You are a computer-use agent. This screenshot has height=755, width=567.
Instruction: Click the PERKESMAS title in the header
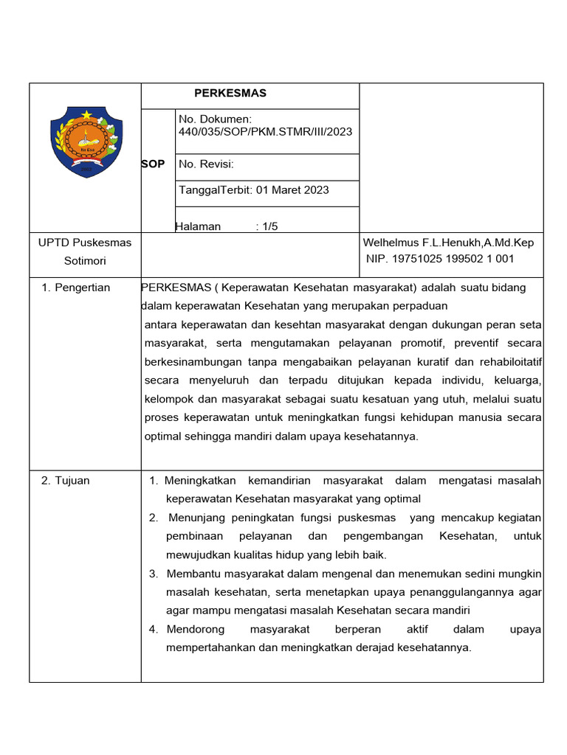[x=230, y=94]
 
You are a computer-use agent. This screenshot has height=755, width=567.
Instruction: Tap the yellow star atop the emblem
[x=86, y=115]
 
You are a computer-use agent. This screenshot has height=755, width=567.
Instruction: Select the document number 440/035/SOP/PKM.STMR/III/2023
[x=265, y=132]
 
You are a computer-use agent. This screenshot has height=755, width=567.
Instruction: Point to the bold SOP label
[x=153, y=164]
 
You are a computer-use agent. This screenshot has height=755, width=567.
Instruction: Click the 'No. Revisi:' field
[x=206, y=164]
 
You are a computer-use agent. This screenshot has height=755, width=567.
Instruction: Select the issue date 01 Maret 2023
[x=292, y=190]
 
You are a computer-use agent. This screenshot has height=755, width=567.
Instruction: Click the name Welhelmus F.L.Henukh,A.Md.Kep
[x=448, y=243]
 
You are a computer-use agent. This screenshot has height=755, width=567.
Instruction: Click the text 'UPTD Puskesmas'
[x=85, y=243]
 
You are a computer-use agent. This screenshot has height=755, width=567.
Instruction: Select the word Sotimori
[x=85, y=261]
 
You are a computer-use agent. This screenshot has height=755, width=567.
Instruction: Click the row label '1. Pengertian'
[x=76, y=288]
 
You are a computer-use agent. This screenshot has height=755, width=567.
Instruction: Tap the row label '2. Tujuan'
[x=66, y=481]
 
